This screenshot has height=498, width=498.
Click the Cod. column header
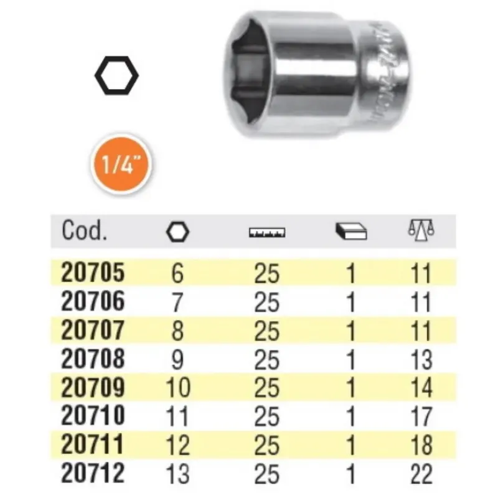[x=84, y=230]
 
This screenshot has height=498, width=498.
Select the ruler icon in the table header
[x=267, y=232]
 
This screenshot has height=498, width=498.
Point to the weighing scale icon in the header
[x=421, y=229]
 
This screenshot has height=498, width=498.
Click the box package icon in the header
[x=351, y=231]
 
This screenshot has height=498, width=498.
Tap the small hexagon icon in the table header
[x=177, y=232]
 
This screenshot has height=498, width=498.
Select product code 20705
[x=93, y=273]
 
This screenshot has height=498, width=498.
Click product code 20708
[x=93, y=359]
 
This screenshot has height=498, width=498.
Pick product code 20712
[x=92, y=473]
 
